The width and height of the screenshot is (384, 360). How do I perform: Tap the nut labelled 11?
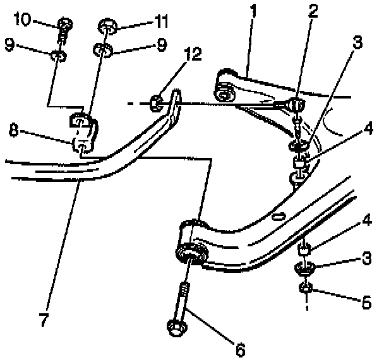click(x=107, y=27)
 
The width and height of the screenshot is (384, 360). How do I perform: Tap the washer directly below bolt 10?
click(x=58, y=56)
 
